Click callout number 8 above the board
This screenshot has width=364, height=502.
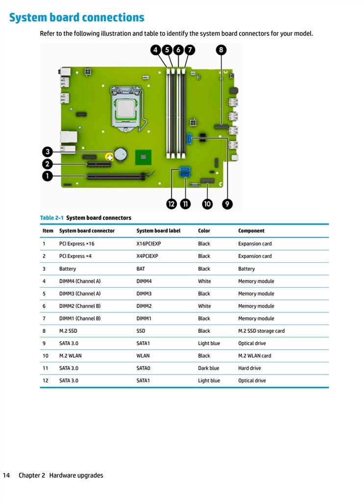221,50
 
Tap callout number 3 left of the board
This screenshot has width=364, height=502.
47,152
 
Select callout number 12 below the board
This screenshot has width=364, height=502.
171,204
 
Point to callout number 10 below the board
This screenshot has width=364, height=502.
207,204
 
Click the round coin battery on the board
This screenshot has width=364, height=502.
121,154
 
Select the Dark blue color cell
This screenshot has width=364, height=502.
209,368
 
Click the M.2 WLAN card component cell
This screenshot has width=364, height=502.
254,356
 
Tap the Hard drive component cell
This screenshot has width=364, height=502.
249,368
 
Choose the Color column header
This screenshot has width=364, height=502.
204,231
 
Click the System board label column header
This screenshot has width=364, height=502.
158,231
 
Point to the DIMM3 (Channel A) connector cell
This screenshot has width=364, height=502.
80,294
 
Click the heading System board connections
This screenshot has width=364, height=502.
77,18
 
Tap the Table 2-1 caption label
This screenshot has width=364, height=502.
51,218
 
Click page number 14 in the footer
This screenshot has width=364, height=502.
7,475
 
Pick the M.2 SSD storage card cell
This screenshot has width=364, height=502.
261,331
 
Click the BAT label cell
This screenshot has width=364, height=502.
141,269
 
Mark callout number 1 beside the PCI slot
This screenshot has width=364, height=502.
47,176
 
